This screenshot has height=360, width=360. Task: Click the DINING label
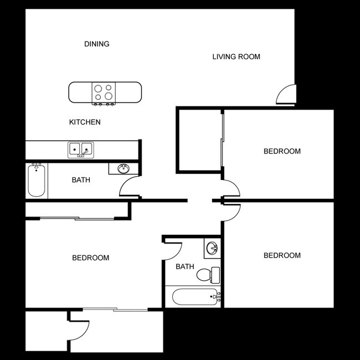(96, 44)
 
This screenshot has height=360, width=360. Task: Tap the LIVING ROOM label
(236, 56)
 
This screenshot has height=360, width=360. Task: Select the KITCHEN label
(85, 122)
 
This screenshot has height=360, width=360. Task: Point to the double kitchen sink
(81, 149)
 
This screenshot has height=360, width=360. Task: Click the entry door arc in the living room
(286, 94)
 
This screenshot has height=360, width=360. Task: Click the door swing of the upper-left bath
(130, 187)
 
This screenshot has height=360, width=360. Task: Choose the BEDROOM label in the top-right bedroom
(282, 151)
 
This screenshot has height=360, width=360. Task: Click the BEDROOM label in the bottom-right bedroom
(282, 255)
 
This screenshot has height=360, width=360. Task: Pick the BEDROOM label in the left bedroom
(91, 258)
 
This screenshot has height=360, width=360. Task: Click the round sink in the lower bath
(212, 248)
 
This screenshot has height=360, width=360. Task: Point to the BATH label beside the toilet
(185, 266)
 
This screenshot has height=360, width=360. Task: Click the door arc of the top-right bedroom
(232, 188)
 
